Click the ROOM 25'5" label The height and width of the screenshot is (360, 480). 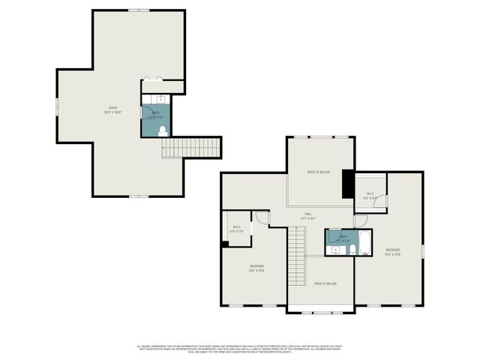pos(112,110)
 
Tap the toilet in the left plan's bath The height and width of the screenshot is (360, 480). pos(162,130)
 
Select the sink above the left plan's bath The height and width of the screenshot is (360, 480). pos(160,98)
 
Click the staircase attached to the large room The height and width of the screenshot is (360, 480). pos(191,148)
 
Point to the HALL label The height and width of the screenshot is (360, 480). pos(308,215)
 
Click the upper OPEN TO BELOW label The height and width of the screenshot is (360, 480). pos(318,172)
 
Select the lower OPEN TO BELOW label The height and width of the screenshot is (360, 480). pos(325,283)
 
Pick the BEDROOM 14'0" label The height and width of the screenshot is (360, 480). pos(393,252)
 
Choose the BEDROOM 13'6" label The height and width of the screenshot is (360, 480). pos(256,268)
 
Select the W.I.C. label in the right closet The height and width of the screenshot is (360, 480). pos(370,196)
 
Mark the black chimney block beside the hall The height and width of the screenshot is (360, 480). pos(348,184)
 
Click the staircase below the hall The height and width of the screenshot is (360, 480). pos(298,255)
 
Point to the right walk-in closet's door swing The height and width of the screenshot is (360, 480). pos(380,200)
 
